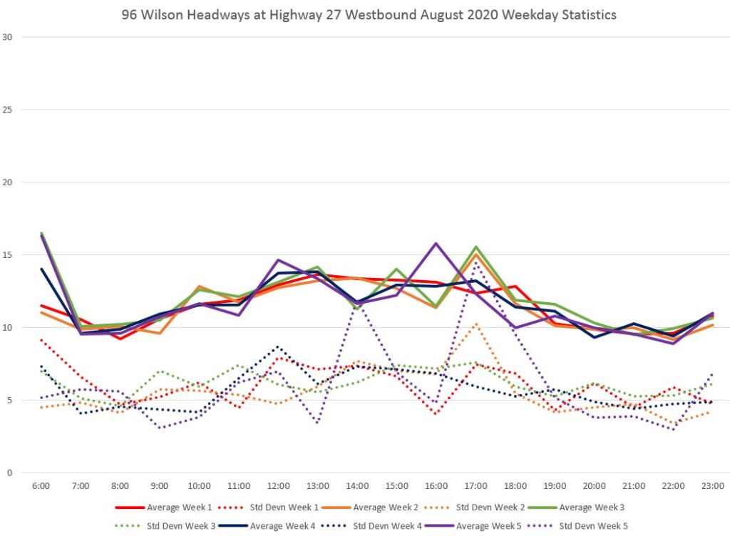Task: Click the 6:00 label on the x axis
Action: pyautogui.click(x=41, y=486)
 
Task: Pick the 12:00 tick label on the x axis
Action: pyautogui.click(x=278, y=486)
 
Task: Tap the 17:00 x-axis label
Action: pyautogui.click(x=475, y=486)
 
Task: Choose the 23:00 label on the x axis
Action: pyautogui.click(x=712, y=486)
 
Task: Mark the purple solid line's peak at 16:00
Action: pyautogui.click(x=436, y=243)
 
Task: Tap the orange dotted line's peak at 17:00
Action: pyautogui.click(x=475, y=324)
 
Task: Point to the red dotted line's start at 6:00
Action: pyautogui.click(x=41, y=339)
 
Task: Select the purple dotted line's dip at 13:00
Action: pyautogui.click(x=317, y=423)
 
